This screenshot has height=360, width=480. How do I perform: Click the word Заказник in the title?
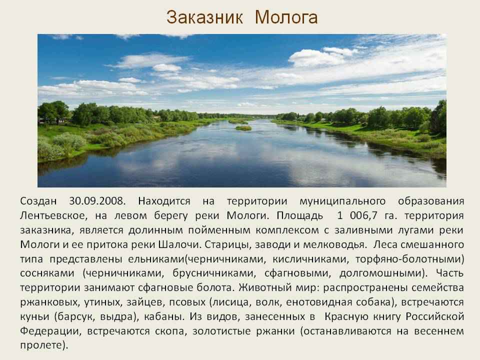pyautogui.click(x=205, y=17)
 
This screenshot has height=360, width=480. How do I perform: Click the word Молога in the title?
pyautogui.click(x=286, y=17)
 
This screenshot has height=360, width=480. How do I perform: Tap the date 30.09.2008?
pyautogui.click(x=97, y=201)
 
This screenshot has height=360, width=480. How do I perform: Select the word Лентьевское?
pyautogui.click(x=53, y=215)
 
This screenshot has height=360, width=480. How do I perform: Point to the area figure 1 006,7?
pyautogui.click(x=357, y=215)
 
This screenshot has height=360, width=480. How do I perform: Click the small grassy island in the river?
pyautogui.click(x=243, y=128)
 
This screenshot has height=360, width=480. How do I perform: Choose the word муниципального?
pyautogui.click(x=342, y=201)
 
